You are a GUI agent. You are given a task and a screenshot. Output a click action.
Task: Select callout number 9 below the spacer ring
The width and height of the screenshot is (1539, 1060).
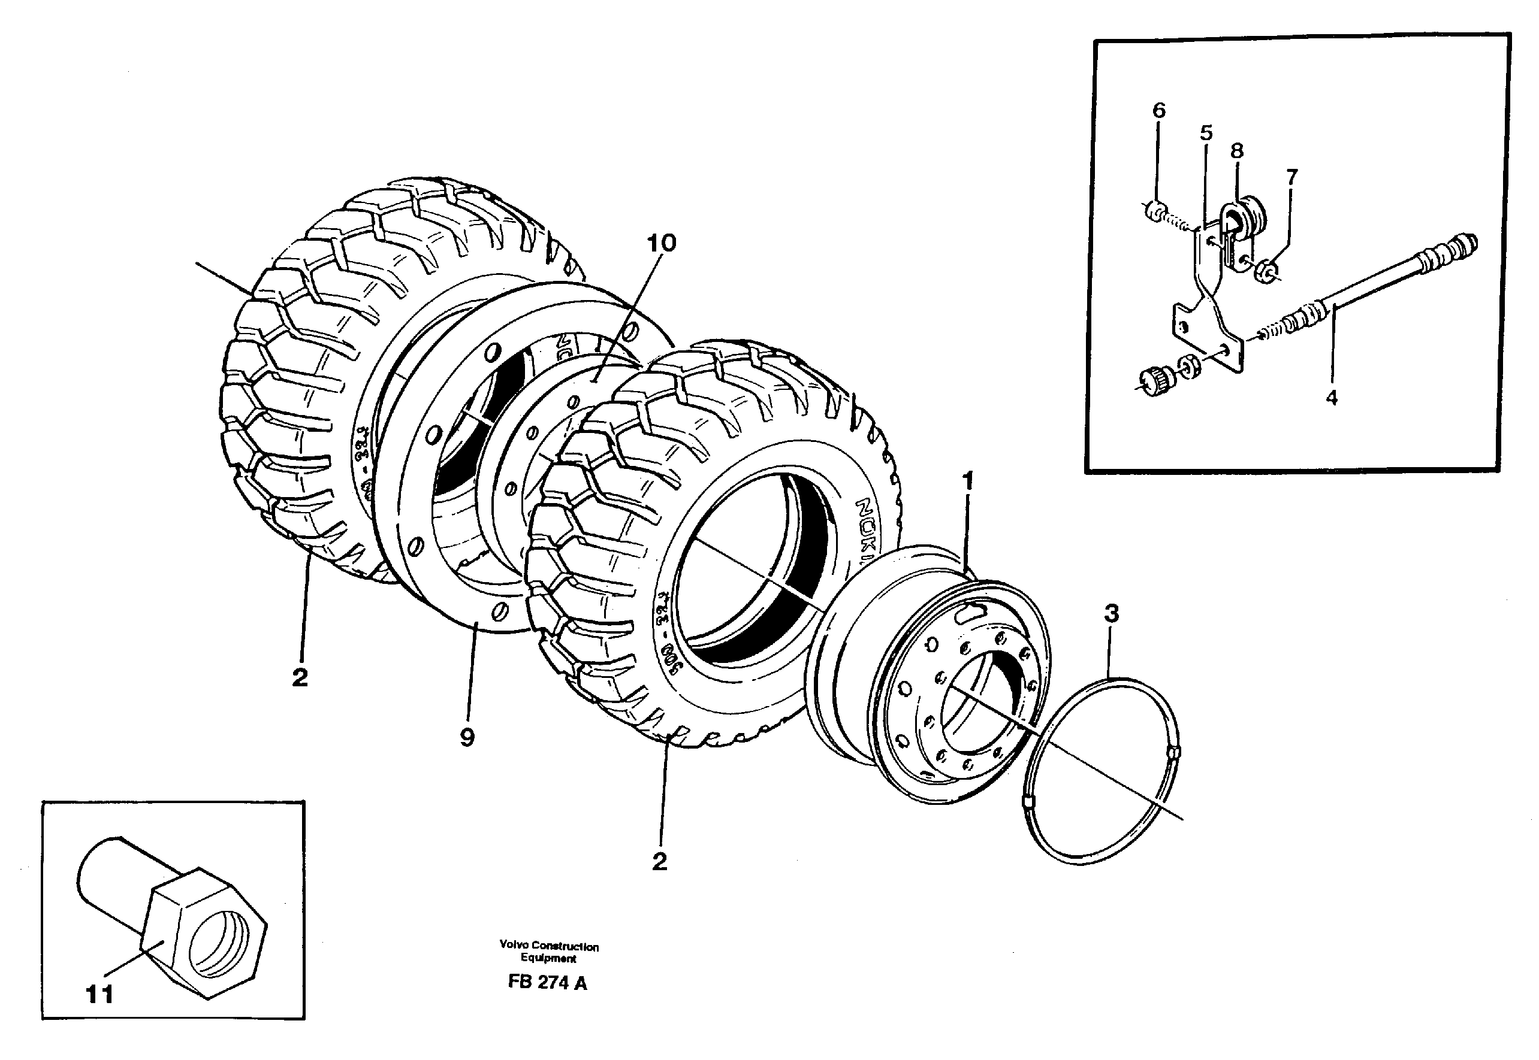coord(467,737)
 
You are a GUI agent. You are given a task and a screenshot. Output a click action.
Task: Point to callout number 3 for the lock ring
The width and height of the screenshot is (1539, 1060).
coord(1111,614)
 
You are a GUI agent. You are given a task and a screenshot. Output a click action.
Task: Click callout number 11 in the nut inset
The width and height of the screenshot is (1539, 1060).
coord(99,994)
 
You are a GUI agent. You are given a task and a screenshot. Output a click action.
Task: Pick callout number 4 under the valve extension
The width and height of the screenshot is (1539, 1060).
coord(1331,398)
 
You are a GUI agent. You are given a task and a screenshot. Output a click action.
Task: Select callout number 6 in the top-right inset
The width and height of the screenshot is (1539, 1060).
coord(1158,110)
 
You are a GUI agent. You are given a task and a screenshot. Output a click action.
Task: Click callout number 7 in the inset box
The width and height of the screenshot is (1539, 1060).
coord(1291,177)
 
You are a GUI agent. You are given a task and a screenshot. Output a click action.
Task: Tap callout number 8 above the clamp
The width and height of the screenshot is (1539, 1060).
coord(1236,151)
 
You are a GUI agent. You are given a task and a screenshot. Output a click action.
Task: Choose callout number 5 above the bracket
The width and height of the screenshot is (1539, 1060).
coord(1206,133)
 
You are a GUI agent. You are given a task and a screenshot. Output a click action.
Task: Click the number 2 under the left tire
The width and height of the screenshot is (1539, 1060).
coord(300,678)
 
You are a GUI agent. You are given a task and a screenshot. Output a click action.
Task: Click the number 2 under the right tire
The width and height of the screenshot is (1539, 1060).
coord(659,861)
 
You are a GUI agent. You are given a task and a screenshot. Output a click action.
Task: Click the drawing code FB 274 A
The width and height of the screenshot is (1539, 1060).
coord(547,983)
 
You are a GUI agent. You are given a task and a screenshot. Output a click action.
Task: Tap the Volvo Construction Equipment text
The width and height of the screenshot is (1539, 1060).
coord(549,952)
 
